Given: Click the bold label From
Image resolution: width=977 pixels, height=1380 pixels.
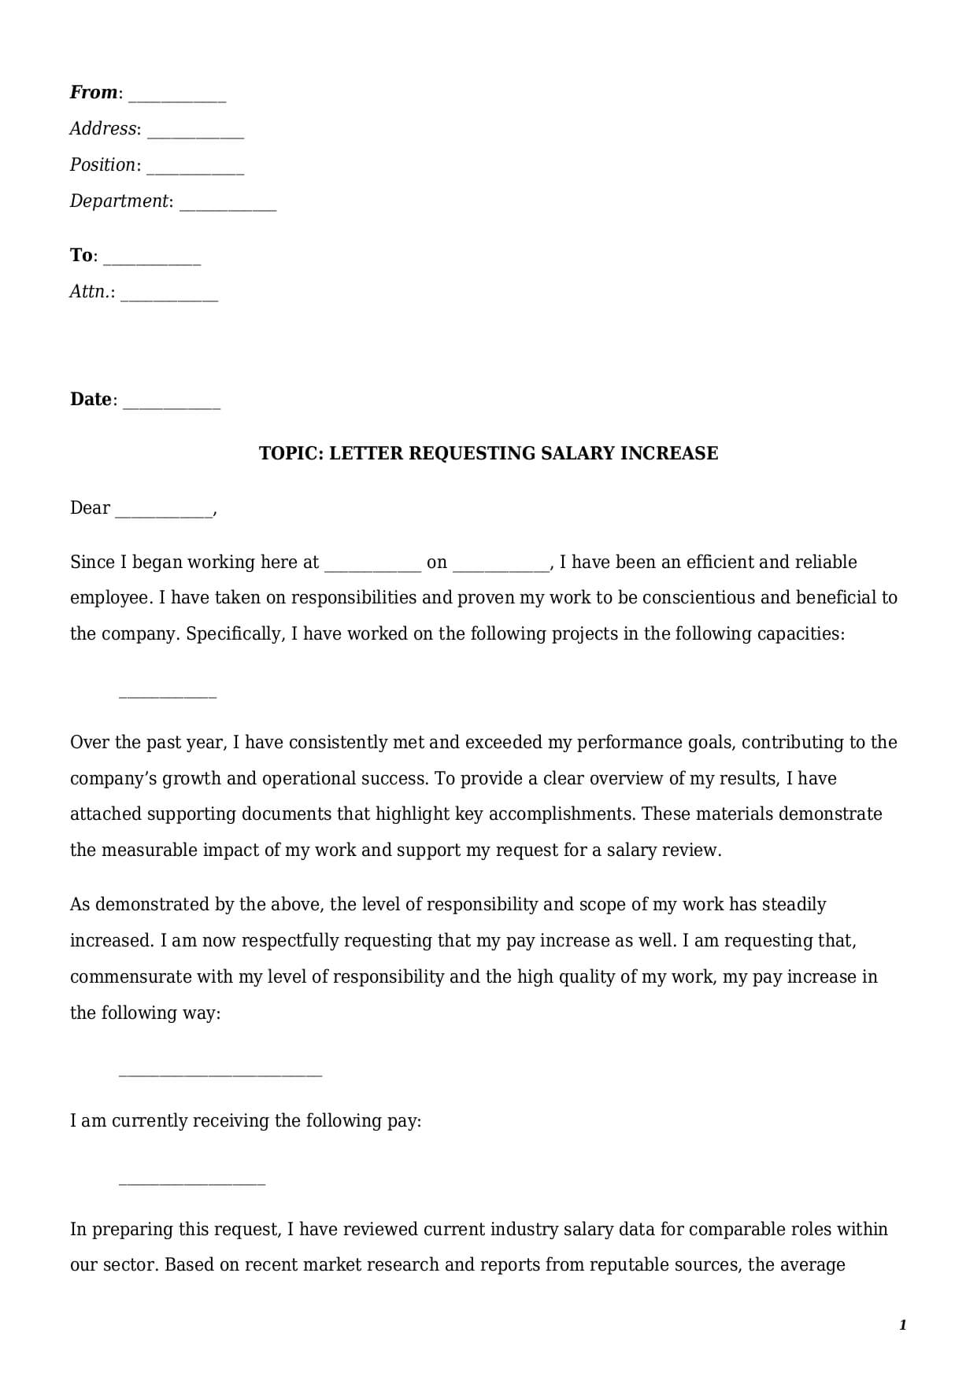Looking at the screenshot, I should [94, 93].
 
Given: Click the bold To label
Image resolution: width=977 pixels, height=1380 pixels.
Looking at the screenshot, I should [81, 256].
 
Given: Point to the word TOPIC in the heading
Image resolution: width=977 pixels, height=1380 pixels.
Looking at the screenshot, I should [291, 454].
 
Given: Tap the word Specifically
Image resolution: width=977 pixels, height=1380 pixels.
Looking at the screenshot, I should [235, 634].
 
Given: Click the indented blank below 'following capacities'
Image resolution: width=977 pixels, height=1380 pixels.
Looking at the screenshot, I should [167, 696].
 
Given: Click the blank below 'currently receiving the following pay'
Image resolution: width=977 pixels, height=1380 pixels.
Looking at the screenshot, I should [191, 1183].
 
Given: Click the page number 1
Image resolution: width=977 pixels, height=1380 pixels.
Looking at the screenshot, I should [902, 1326].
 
